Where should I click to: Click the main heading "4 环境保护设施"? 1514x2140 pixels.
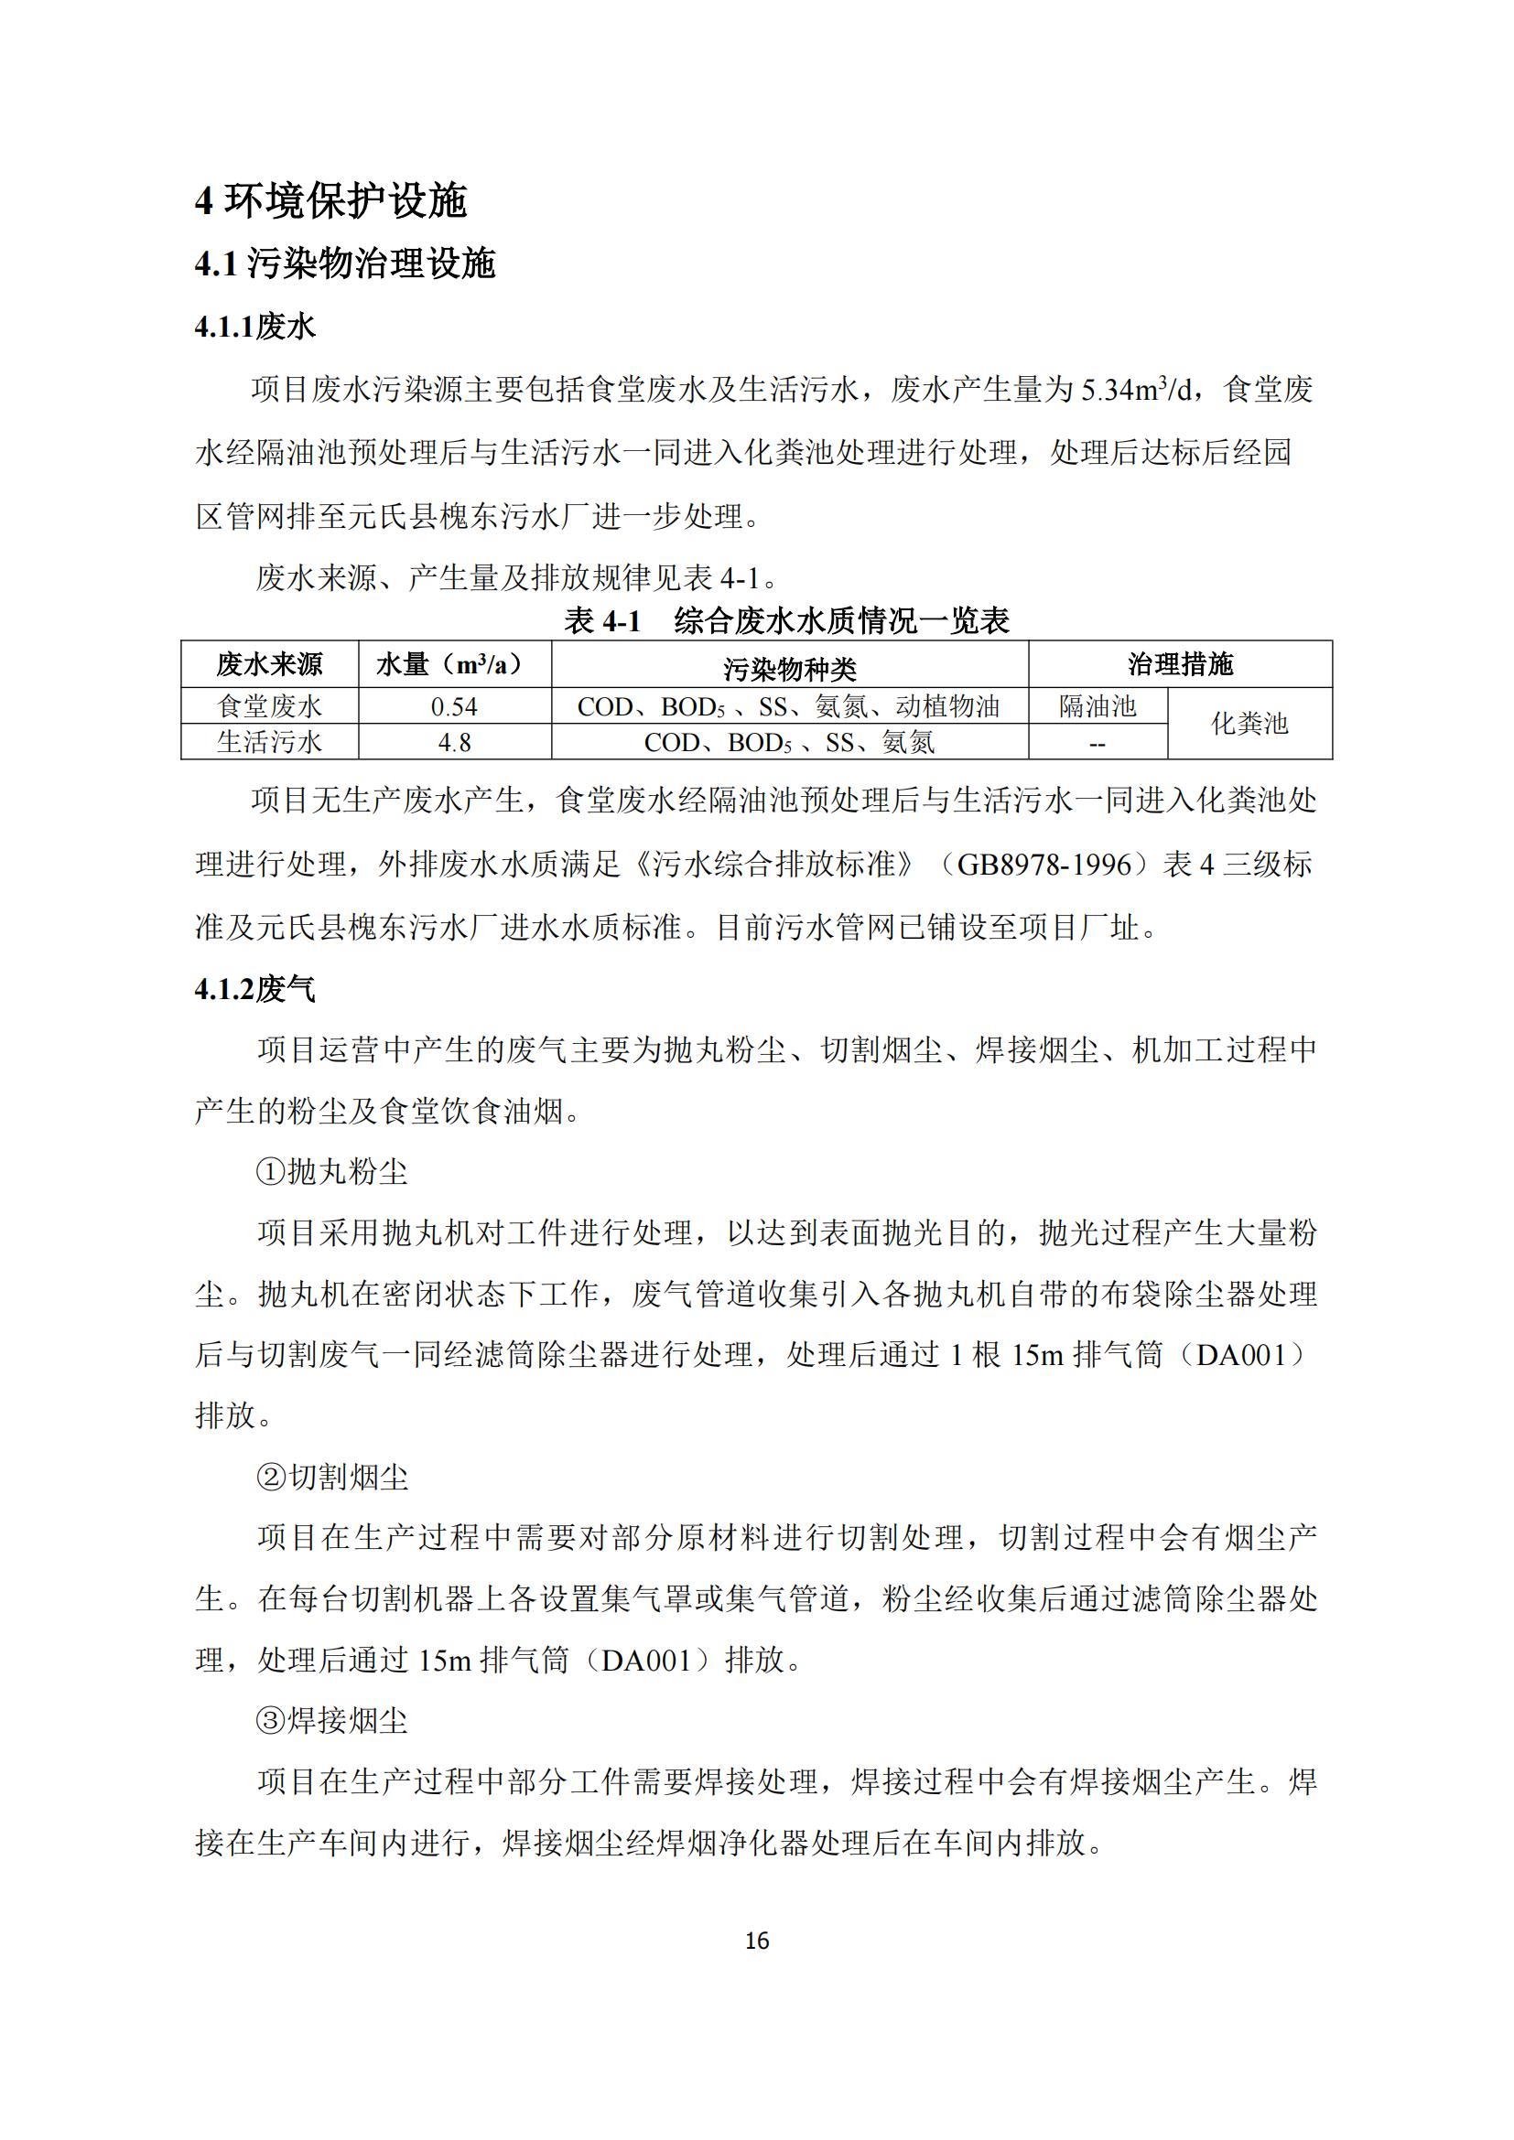click(330, 200)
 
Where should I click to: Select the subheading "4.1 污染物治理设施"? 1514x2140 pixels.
click(344, 263)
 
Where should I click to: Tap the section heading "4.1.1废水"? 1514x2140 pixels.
click(254, 327)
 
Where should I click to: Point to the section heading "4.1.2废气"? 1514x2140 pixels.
click(254, 989)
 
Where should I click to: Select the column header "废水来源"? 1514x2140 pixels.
click(269, 664)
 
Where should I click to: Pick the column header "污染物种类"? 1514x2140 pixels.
click(789, 667)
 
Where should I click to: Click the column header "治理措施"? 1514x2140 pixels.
click(1179, 664)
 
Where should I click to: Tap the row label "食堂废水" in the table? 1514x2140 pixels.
click(269, 706)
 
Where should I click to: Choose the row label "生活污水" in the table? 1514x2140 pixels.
click(269, 742)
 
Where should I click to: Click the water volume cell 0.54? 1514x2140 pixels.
click(454, 707)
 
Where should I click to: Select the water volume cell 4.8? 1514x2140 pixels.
click(454, 743)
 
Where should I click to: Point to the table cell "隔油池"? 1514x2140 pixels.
click(1098, 706)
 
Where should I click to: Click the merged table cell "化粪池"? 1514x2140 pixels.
click(1249, 724)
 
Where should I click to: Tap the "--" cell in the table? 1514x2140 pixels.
click(1098, 744)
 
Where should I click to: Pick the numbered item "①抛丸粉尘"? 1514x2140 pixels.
click(332, 1172)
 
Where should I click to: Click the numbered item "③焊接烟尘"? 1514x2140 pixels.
click(332, 1721)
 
